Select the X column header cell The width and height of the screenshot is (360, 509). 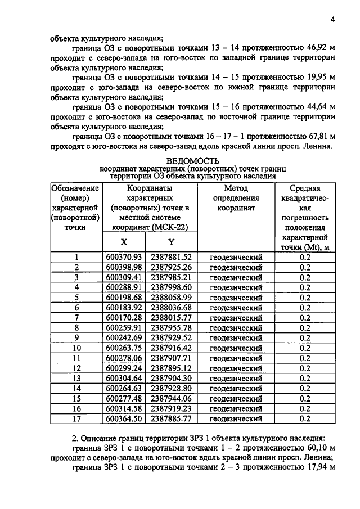[124, 241]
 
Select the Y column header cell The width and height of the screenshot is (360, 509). [171, 241]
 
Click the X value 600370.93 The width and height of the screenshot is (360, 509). [124, 257]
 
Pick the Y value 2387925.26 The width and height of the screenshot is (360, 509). [171, 267]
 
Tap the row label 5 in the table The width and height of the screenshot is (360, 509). [76, 298]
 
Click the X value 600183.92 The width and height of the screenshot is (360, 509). [124, 308]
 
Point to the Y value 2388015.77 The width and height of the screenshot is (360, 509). [171, 318]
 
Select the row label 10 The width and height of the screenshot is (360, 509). [76, 348]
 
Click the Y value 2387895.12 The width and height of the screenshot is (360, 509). [171, 368]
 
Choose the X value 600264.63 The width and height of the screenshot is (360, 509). [124, 388]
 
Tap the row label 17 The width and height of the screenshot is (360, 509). [76, 418]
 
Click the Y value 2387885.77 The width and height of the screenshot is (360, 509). [171, 418]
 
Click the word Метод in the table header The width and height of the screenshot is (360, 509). [236, 188]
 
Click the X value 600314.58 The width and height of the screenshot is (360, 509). [124, 408]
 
